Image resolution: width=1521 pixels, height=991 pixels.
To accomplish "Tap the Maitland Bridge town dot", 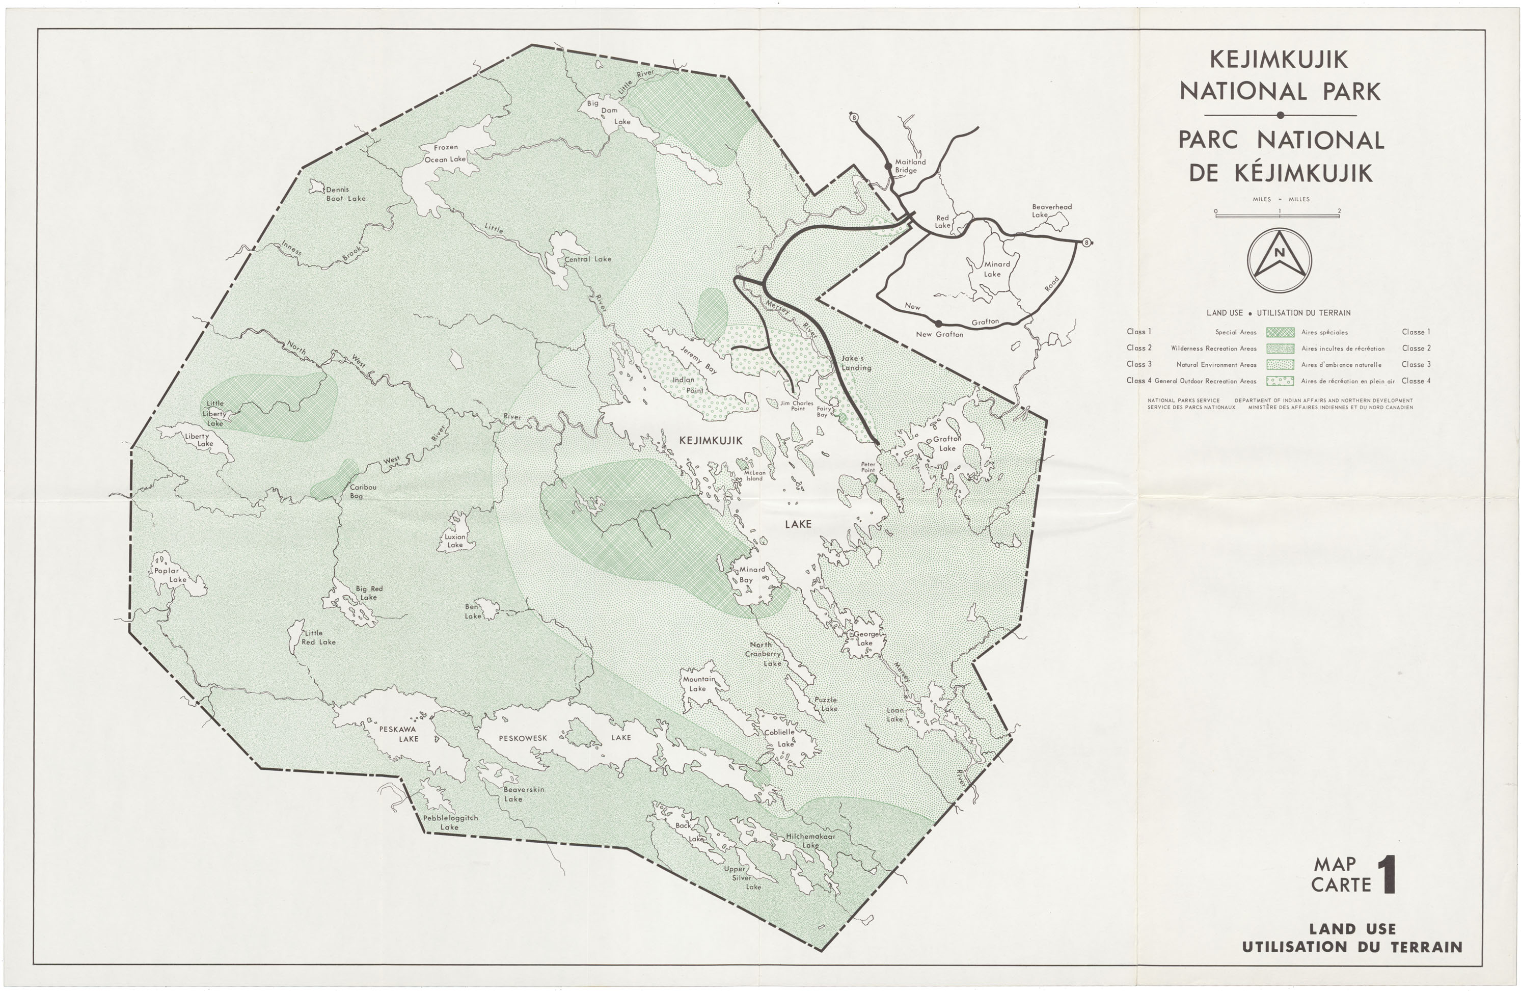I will pyautogui.click(x=888, y=166).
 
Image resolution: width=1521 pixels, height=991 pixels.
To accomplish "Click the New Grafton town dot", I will pyautogui.click(x=938, y=324).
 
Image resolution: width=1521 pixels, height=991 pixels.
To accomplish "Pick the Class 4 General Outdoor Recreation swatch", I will pyautogui.click(x=1280, y=381).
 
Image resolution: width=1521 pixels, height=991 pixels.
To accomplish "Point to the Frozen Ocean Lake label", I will pyautogui.click(x=445, y=153).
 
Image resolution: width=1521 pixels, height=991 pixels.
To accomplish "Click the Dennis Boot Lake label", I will pyautogui.click(x=345, y=194).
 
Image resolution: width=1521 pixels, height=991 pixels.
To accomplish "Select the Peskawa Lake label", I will pyautogui.click(x=397, y=733).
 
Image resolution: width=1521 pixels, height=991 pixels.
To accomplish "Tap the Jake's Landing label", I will pyautogui.click(x=856, y=363).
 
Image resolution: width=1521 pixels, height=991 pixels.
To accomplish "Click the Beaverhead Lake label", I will pyautogui.click(x=1051, y=210).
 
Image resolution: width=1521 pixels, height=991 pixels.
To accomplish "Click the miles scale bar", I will pyautogui.click(x=1277, y=216).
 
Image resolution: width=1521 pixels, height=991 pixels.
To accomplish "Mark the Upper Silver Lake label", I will pyautogui.click(x=742, y=878).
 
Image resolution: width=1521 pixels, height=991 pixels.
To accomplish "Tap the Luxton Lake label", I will pyautogui.click(x=455, y=541).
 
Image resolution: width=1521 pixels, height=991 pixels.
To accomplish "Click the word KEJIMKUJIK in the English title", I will pyautogui.click(x=1279, y=60).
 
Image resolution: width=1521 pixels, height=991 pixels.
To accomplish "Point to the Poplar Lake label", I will pyautogui.click(x=170, y=575).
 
